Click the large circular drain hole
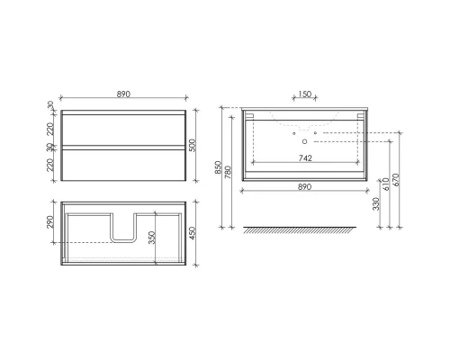304,140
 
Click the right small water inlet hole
316,133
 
